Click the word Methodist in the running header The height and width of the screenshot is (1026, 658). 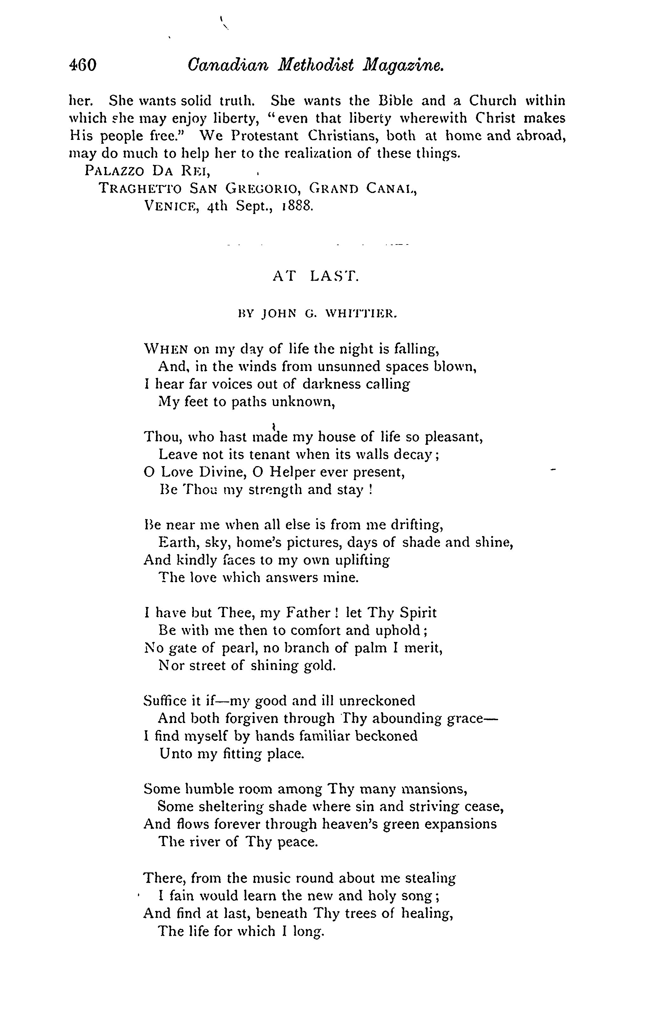coord(316,65)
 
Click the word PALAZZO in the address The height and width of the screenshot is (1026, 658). coord(114,171)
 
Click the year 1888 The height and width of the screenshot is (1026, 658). coord(297,206)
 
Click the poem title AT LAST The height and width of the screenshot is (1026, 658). coord(315,277)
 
